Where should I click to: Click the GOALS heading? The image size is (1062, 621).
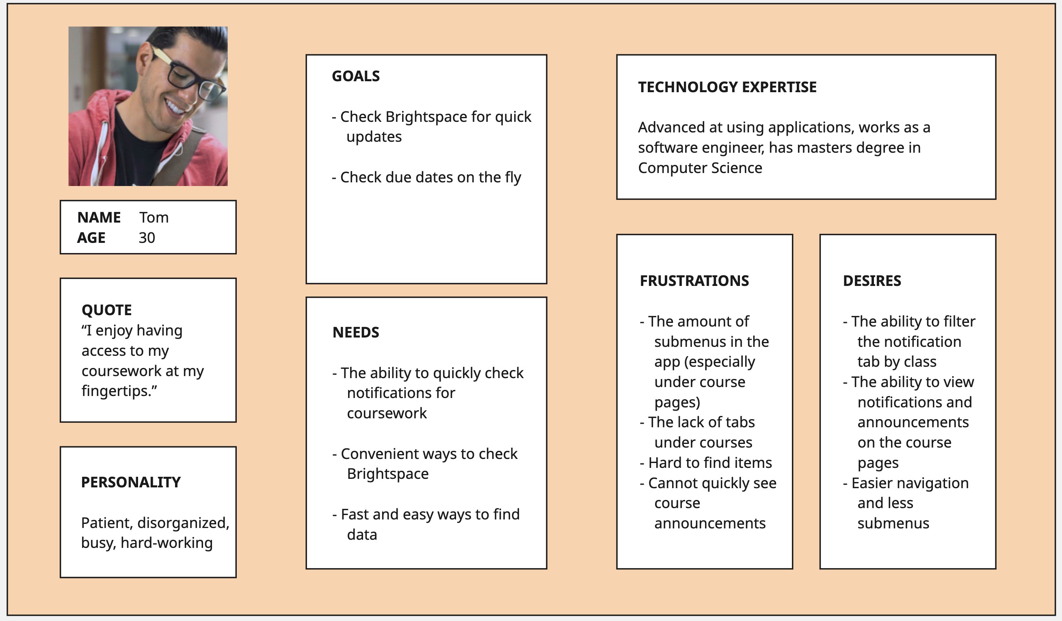click(x=356, y=76)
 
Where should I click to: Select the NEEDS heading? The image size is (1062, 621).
click(x=356, y=333)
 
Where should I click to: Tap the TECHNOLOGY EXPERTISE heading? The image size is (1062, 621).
click(x=727, y=87)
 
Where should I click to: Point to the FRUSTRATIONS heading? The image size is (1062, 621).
click(x=694, y=281)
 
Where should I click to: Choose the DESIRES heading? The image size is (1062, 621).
click(x=872, y=281)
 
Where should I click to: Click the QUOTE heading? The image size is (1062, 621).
click(x=107, y=310)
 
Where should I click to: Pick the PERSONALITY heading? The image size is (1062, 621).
click(x=131, y=482)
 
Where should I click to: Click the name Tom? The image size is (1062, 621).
click(x=154, y=218)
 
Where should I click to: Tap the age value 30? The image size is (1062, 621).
click(x=147, y=238)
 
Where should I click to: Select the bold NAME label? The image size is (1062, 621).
click(x=99, y=218)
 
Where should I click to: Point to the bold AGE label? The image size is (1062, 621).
click(x=91, y=238)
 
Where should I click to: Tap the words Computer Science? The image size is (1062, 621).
click(x=700, y=168)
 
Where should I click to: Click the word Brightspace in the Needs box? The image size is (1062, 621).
click(x=388, y=474)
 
